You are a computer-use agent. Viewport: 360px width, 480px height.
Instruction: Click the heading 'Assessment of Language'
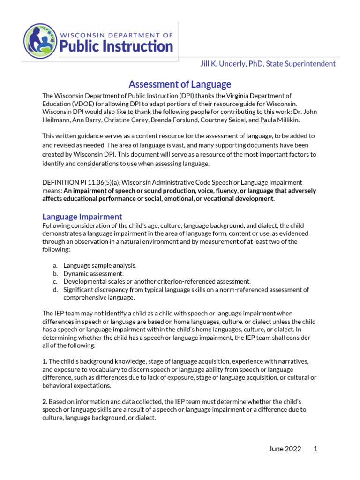coord(180,84)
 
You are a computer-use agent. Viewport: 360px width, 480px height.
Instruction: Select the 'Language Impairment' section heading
coord(82,217)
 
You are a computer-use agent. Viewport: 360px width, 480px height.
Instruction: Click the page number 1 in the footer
coord(315,449)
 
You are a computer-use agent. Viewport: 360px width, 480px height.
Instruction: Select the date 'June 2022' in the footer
coord(285,449)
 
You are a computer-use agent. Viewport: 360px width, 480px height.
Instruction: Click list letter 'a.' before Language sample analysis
coord(55,265)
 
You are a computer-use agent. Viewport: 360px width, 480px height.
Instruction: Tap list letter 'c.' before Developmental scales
coord(55,281)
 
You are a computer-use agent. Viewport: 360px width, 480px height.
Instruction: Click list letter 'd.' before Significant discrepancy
coord(55,290)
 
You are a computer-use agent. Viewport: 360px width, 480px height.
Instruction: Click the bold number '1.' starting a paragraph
coord(45,361)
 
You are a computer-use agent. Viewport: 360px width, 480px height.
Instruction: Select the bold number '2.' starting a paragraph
coord(45,402)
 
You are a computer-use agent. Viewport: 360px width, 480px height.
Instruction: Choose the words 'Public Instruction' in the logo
coord(115,46)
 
